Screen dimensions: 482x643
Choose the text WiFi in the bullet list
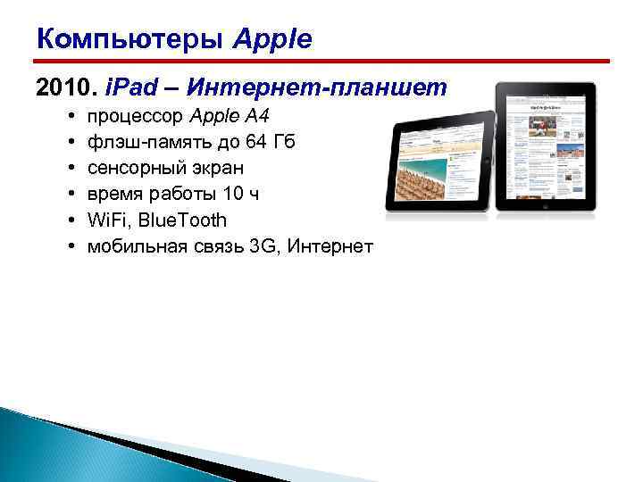click(106, 220)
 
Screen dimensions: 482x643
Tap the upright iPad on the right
click(545, 147)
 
